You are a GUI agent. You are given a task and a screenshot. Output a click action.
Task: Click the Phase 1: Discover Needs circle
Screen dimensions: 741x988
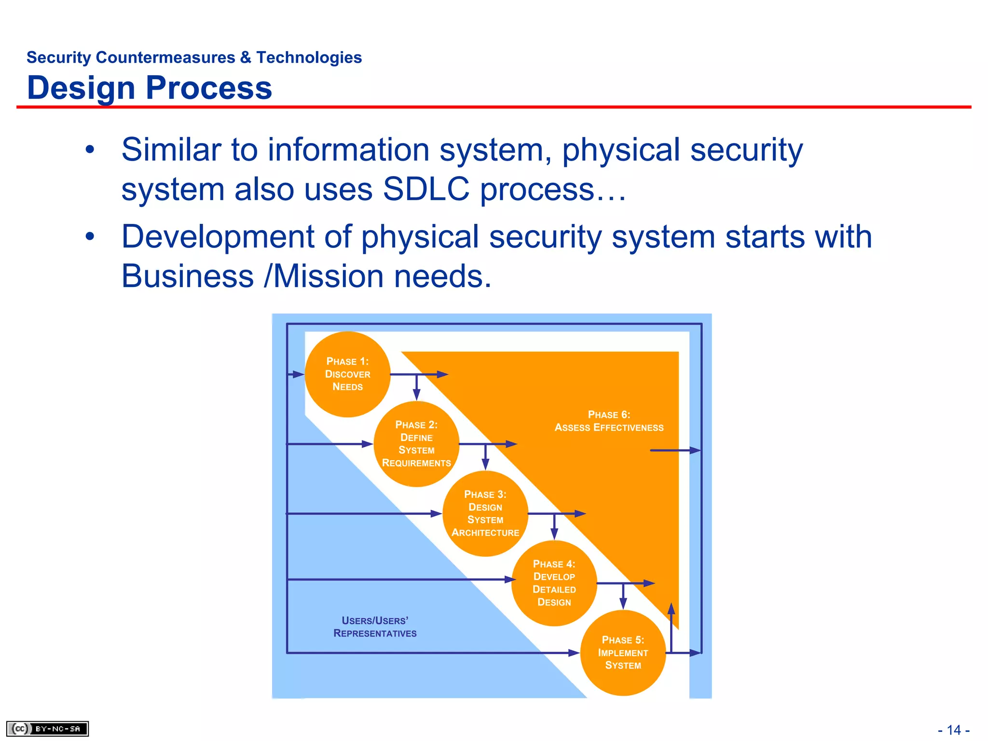pos(347,374)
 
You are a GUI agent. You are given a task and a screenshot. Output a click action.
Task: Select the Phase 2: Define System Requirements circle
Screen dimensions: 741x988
pos(416,444)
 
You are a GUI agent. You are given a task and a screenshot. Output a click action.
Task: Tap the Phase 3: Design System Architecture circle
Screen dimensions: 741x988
pos(485,513)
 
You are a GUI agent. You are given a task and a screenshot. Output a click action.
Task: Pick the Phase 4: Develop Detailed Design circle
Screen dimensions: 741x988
pos(554,583)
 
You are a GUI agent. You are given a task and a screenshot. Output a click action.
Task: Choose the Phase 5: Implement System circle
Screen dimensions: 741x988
pos(623,653)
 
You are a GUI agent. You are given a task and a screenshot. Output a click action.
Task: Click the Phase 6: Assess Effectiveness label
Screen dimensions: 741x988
pos(609,421)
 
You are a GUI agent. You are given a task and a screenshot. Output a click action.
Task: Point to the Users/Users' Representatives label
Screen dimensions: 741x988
pos(375,627)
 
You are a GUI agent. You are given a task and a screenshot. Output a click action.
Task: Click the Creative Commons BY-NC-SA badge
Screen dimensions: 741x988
pos(47,728)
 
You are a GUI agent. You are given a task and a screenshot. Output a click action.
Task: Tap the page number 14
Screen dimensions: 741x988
pos(954,730)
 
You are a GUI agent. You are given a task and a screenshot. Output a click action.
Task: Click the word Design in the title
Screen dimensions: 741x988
pos(81,88)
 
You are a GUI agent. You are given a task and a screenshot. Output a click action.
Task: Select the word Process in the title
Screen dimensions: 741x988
pos(209,88)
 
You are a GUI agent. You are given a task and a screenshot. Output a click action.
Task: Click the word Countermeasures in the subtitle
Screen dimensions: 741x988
pos(165,57)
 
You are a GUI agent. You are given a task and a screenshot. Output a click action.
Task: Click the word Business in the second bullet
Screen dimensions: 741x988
pos(187,276)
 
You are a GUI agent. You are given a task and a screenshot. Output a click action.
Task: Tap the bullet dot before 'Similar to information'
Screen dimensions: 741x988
pos(90,150)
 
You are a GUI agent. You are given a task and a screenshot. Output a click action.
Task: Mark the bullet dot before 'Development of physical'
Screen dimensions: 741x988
pos(90,237)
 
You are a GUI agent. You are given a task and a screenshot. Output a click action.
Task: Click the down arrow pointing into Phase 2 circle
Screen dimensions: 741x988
pos(417,392)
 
